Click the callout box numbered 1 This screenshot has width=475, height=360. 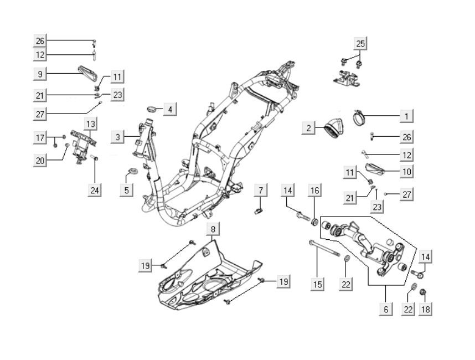pyautogui.click(x=407, y=116)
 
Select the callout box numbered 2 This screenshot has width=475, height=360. pyautogui.click(x=308, y=128)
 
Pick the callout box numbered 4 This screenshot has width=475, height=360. pyautogui.click(x=170, y=110)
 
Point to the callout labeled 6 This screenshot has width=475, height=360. pyautogui.click(x=386, y=309)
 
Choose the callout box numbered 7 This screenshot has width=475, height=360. pyautogui.click(x=260, y=191)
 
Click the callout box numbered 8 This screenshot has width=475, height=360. pyautogui.click(x=214, y=229)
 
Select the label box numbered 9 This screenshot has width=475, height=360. pyautogui.click(x=39, y=73)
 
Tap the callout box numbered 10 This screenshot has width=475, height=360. pyautogui.click(x=407, y=172)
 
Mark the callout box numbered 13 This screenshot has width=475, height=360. pyautogui.click(x=90, y=123)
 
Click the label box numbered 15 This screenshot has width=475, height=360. pyautogui.click(x=317, y=285)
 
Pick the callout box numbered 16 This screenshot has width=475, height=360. pyautogui.click(x=314, y=191)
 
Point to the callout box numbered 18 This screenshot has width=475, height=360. pyautogui.click(x=425, y=309)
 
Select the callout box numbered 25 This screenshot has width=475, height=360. pyautogui.click(x=360, y=43)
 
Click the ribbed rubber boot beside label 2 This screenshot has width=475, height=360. pyautogui.click(x=332, y=129)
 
